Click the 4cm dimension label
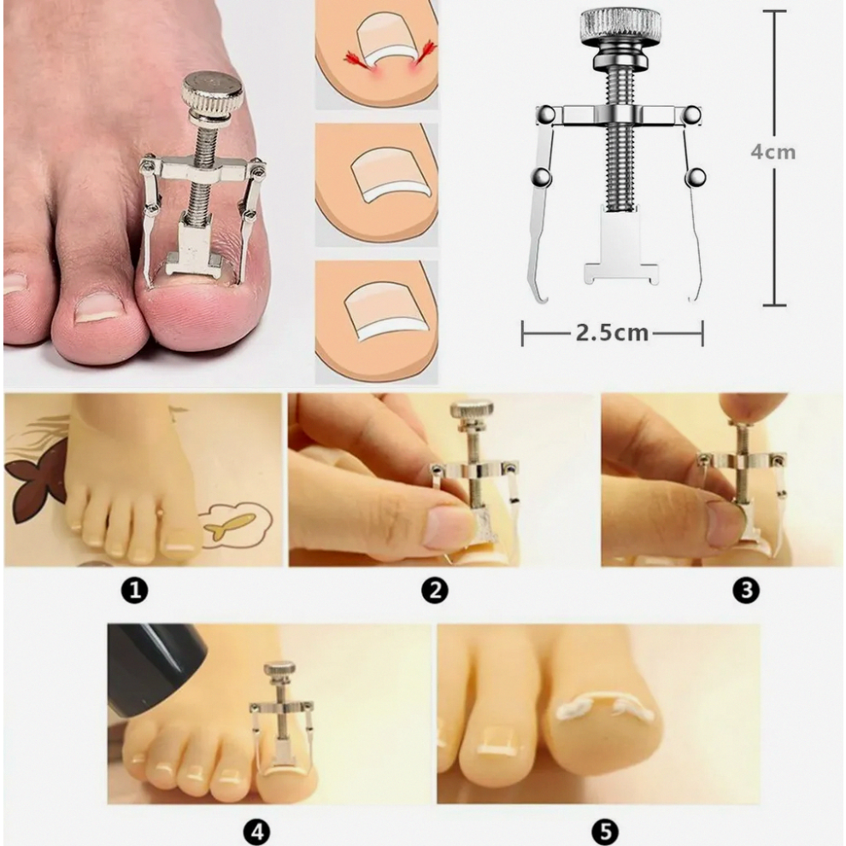773,152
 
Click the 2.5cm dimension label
612,332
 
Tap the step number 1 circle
134,590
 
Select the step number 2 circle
434,590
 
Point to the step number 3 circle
746,590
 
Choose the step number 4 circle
256,832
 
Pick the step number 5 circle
604,832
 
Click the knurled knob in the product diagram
620,24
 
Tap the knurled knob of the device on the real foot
212,89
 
